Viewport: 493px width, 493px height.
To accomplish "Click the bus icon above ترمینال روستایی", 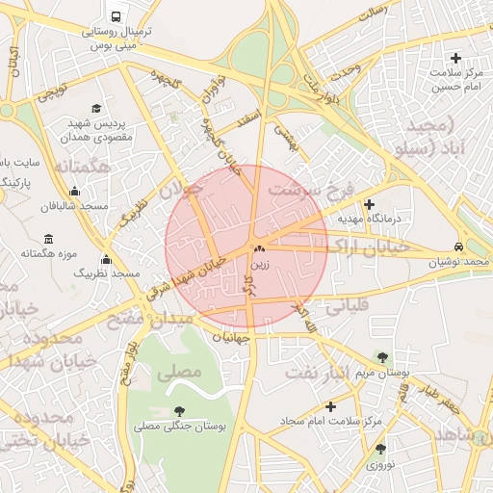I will (117, 17).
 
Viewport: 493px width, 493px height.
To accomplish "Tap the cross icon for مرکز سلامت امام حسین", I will (455, 59).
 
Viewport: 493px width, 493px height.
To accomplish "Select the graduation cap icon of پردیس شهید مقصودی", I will (96, 108).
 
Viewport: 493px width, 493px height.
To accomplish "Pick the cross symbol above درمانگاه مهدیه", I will (370, 204).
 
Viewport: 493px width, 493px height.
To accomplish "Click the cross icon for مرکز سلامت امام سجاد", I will (331, 405).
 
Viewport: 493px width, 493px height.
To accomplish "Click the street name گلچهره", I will (164, 81).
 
